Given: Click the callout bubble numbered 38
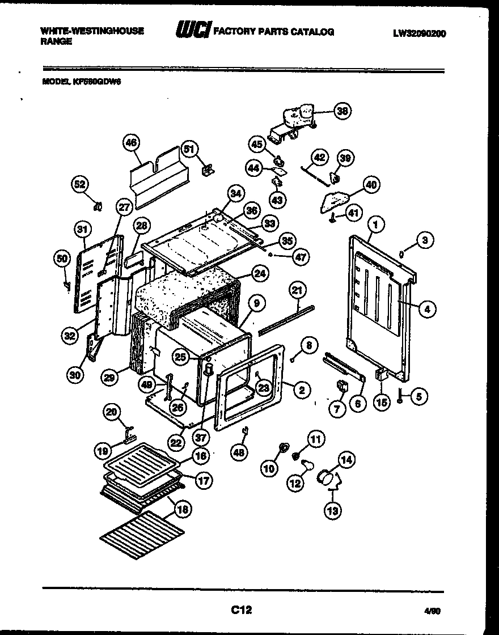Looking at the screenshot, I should click(x=342, y=111).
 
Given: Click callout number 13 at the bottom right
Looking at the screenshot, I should click(x=333, y=511).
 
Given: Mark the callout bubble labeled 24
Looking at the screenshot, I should click(x=259, y=273).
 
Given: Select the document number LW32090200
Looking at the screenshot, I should click(x=419, y=33).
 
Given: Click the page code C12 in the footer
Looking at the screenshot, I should click(x=241, y=610).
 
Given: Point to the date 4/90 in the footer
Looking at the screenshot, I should click(x=432, y=611).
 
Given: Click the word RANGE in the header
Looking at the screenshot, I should click(x=56, y=42).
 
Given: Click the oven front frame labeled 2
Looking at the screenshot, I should click(x=249, y=386).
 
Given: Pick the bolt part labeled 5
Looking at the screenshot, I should click(x=400, y=398).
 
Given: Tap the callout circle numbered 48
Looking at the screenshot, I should click(x=240, y=452).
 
